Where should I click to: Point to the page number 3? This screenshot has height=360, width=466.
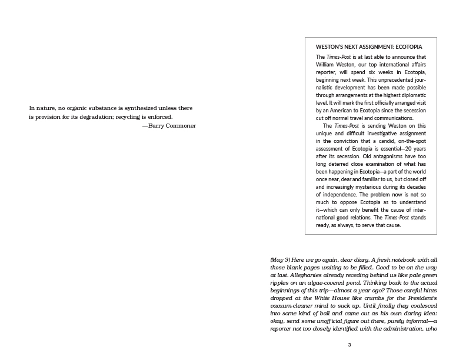[349, 345]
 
